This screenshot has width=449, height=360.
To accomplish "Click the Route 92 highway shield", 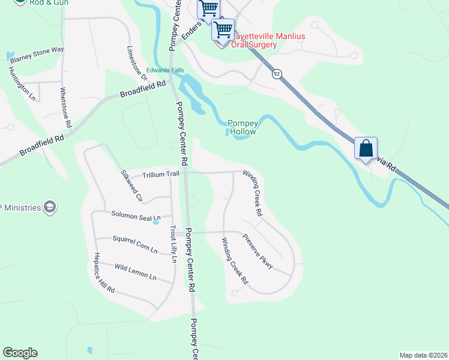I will coord(276,74).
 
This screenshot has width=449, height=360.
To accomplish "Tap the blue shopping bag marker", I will coord(366,148).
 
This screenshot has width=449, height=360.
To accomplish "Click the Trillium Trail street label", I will coord(161,174).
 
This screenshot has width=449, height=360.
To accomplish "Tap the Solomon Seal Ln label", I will coord(136,215).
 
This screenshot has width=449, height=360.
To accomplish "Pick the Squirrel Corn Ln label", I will coord(135,243).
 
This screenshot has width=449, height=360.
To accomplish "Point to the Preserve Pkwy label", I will coord(258,250).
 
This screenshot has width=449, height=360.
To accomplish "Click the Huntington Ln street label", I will coord(22,83).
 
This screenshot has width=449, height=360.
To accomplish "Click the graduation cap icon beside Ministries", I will coord(50,208).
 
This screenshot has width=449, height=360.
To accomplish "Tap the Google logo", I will coord(20,353).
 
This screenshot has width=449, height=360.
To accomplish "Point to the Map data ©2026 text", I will coord(423,355).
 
